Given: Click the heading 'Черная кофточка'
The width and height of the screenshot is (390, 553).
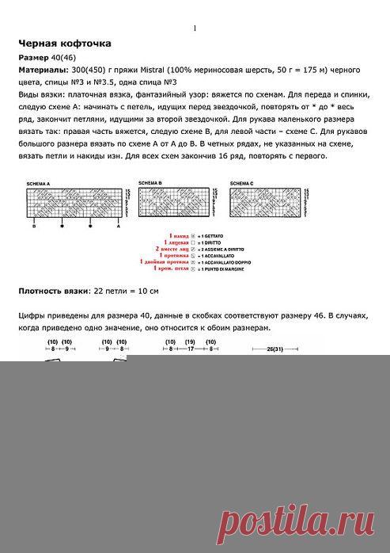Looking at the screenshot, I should pyautogui.click(x=64, y=43).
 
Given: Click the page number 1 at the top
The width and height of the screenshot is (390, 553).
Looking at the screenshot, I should pyautogui.click(x=195, y=29).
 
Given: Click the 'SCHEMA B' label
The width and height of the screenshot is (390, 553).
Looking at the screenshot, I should pyautogui.click(x=150, y=182).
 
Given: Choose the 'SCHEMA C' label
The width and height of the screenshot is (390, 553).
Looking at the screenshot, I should pyautogui.click(x=242, y=183).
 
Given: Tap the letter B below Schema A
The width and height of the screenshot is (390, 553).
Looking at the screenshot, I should pyautogui.click(x=34, y=226).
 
